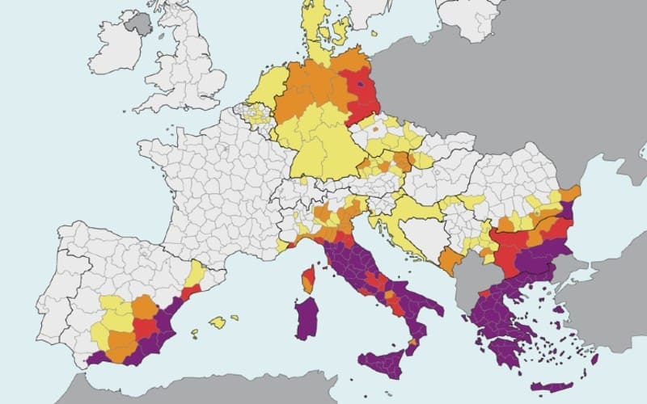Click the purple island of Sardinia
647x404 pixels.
(x=307, y=318)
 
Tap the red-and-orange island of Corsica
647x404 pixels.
(x=308, y=279)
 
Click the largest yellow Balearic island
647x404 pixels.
(x=217, y=322)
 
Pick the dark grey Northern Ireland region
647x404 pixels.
(x=139, y=23)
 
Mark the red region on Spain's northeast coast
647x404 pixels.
(x=191, y=291)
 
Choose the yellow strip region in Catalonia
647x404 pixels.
(x=195, y=274)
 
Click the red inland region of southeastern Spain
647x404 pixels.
(x=146, y=328)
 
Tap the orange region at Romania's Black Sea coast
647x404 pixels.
(x=569, y=194)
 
